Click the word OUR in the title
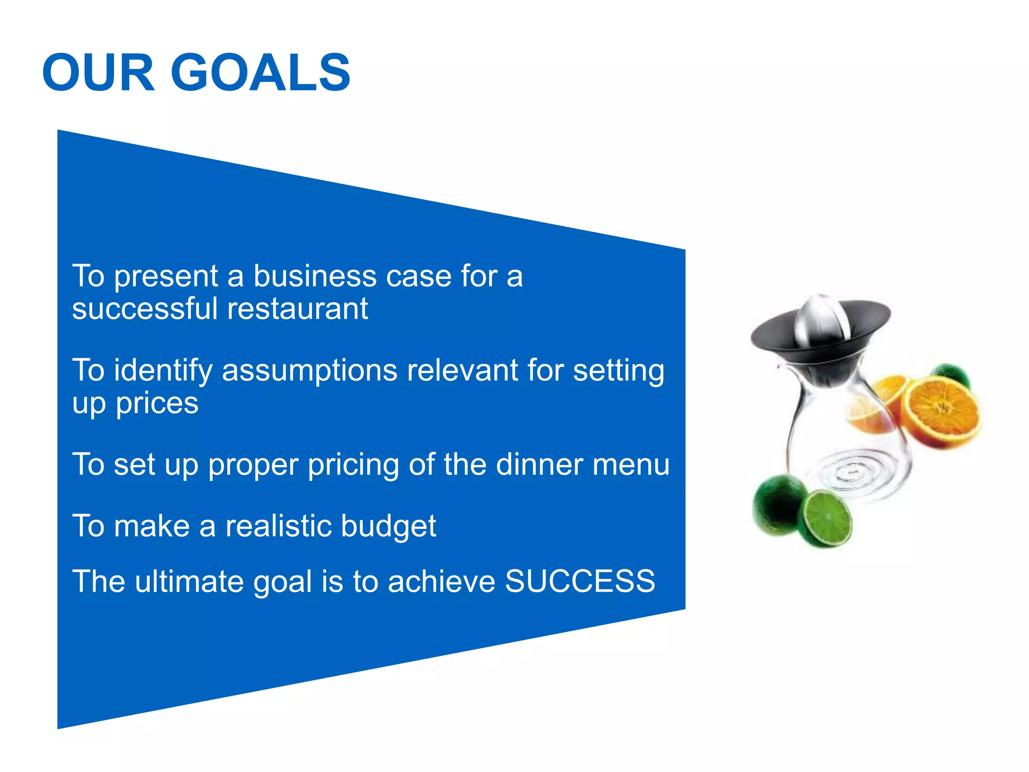pos(98,73)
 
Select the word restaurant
pos(297,309)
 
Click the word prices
pos(157,404)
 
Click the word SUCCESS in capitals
pos(580,582)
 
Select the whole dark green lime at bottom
pos(776,505)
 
